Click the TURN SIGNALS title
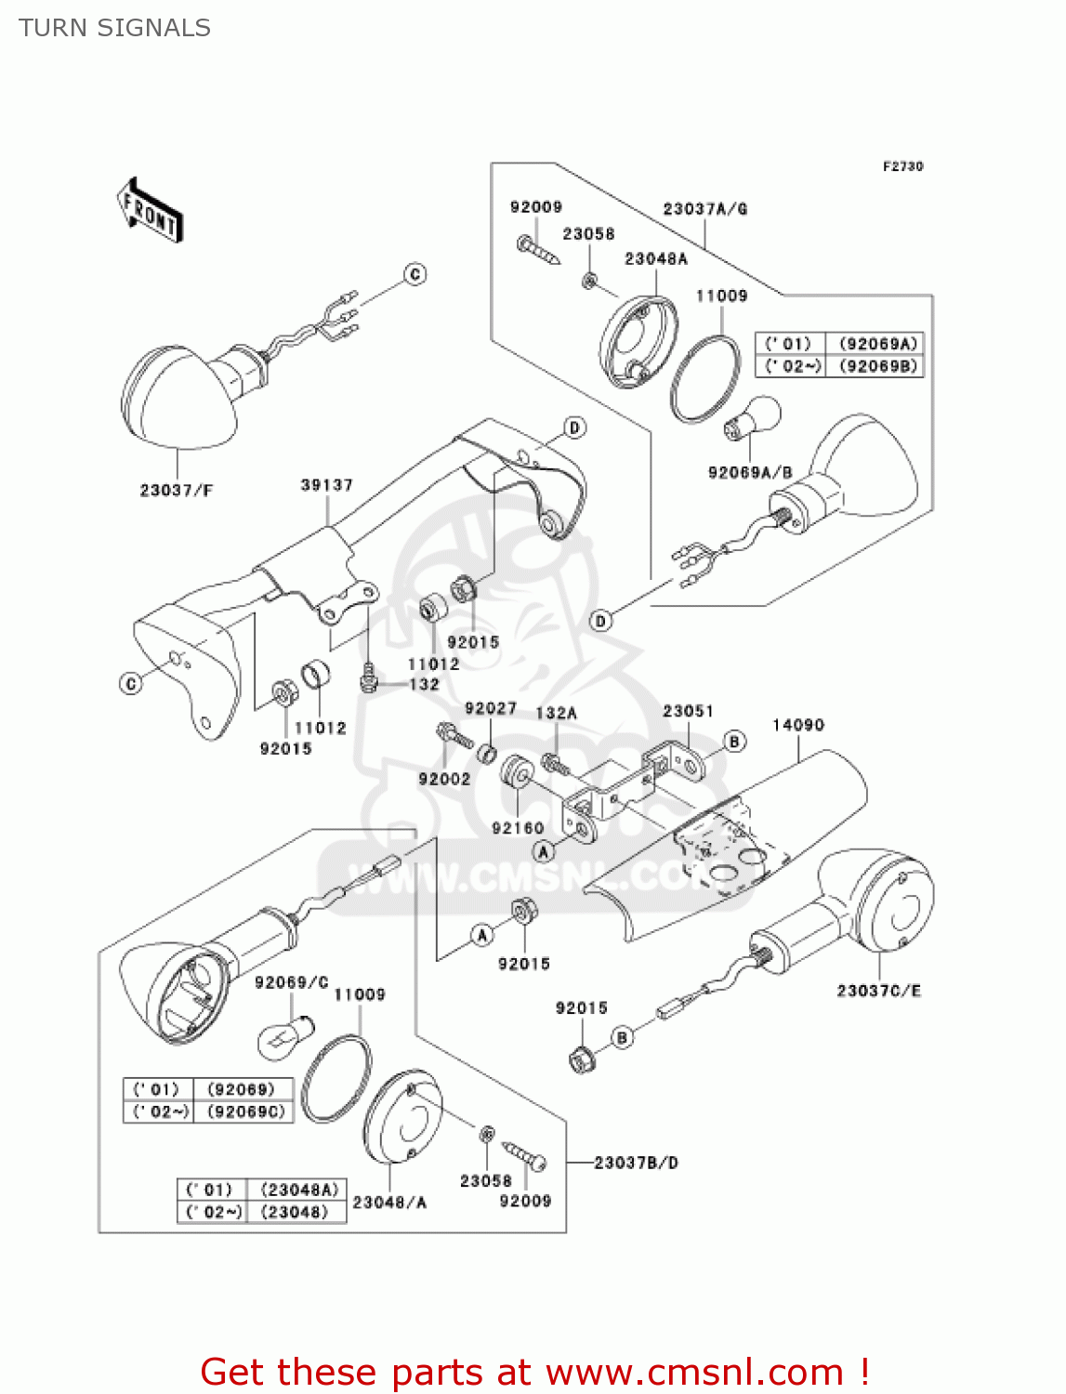point(114,28)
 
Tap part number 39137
point(326,485)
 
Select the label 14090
point(797,725)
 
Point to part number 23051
point(688,711)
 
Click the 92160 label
point(518,828)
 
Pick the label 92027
point(491,708)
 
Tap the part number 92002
point(444,779)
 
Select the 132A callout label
point(556,713)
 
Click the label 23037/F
point(177,490)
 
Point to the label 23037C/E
point(878,991)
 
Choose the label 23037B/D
point(636,1163)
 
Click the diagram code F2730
point(902,166)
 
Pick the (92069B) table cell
point(877,366)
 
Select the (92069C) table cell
point(246,1111)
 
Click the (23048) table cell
point(295,1212)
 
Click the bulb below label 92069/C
point(284,1033)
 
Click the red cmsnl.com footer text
point(534,1372)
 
